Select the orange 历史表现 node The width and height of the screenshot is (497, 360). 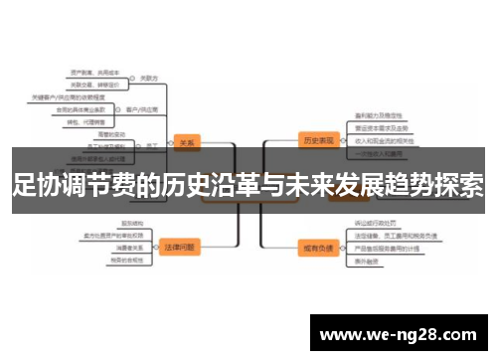(x=317, y=139)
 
